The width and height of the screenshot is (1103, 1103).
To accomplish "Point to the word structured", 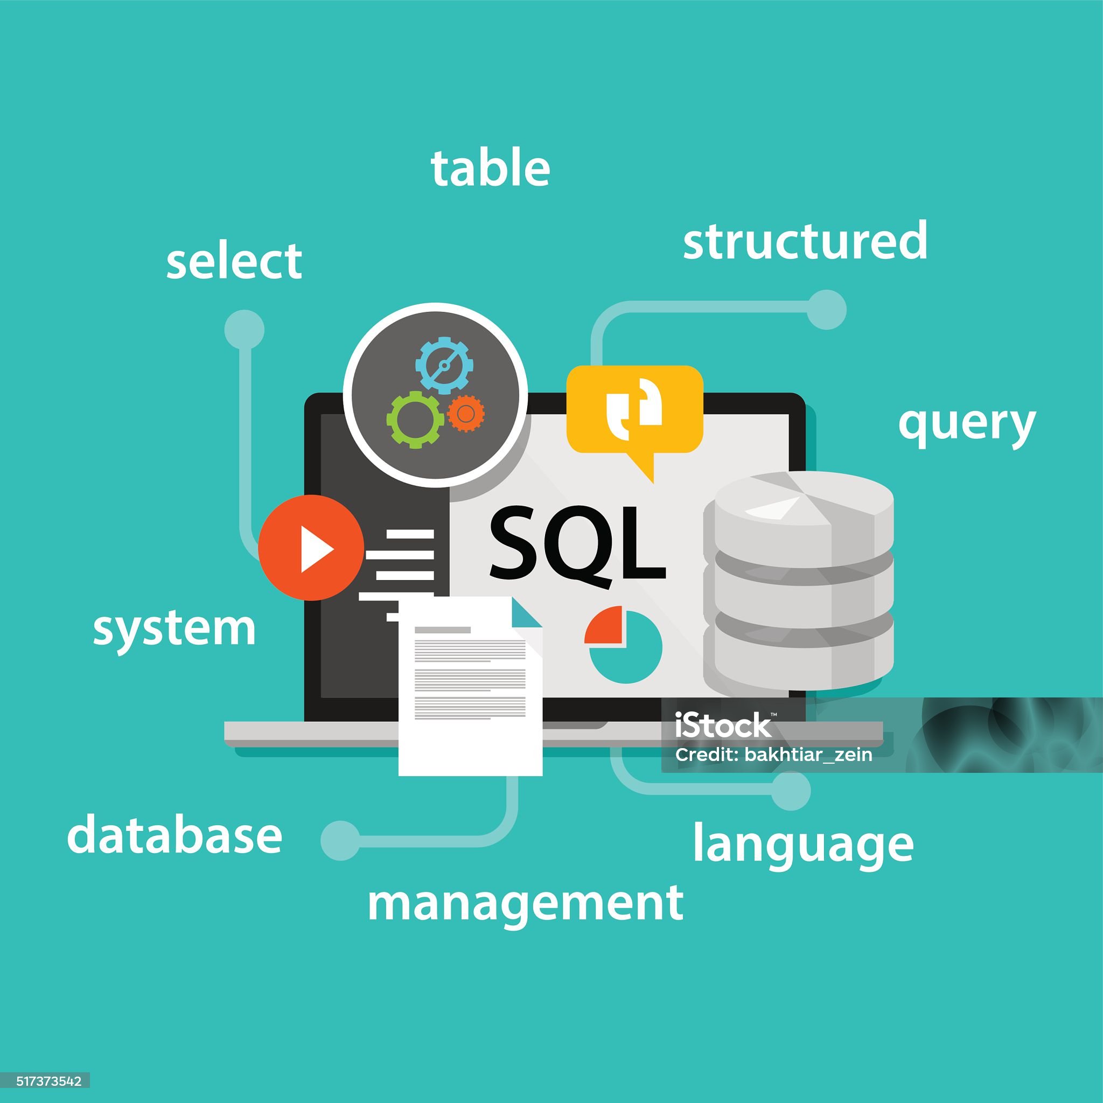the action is pyautogui.click(x=805, y=240).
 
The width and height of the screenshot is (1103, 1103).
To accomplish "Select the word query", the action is pyautogui.click(x=967, y=426).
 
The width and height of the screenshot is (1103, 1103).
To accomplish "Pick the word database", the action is pyautogui.click(x=174, y=835).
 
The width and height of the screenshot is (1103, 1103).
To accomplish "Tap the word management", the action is pyautogui.click(x=525, y=904).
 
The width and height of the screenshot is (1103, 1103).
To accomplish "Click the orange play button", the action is pyautogui.click(x=311, y=548).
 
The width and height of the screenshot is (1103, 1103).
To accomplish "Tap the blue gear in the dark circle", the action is pyautogui.click(x=444, y=365).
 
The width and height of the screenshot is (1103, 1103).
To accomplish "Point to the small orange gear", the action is pyautogui.click(x=466, y=413).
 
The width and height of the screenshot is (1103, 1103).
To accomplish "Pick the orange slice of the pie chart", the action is pyautogui.click(x=604, y=626).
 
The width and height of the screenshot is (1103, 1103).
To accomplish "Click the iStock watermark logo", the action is pyautogui.click(x=723, y=725).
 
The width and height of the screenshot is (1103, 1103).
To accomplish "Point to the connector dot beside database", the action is pyautogui.click(x=340, y=840).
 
